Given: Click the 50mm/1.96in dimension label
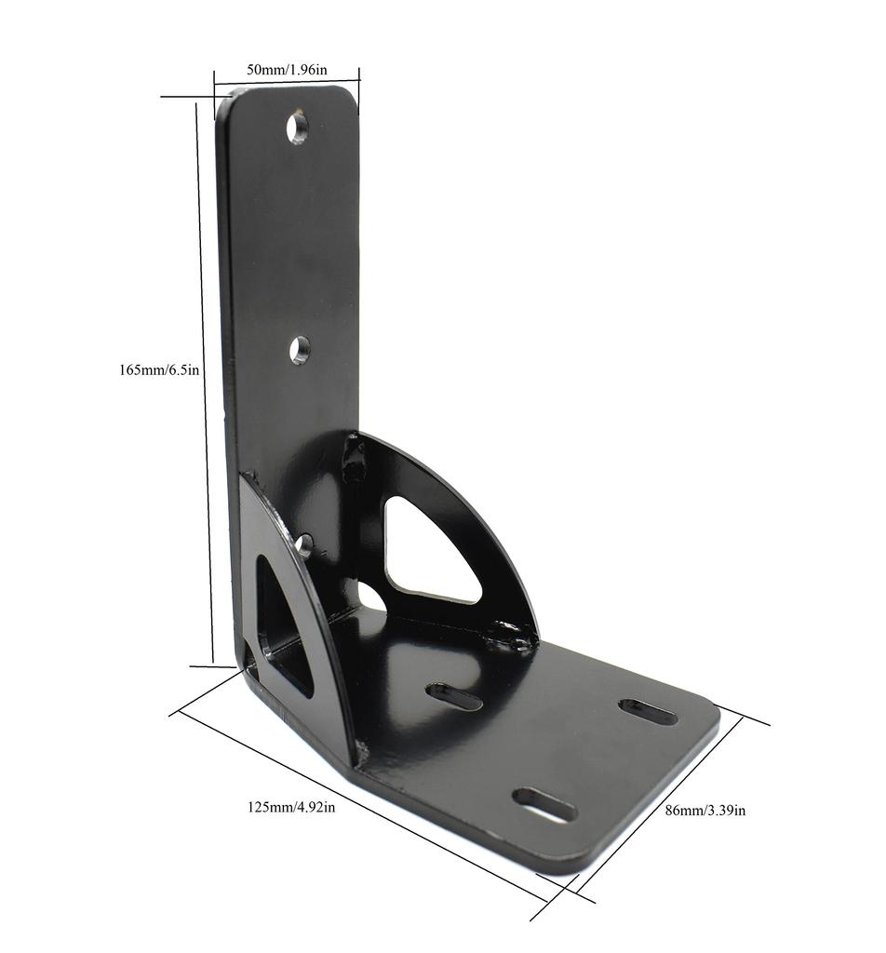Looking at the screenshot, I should pos(287,70).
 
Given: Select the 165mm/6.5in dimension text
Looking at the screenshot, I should pos(159,369).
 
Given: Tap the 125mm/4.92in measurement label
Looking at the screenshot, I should pos(291,807).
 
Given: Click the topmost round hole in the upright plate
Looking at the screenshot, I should pos(298,128).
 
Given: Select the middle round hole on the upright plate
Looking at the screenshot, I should pos(299,350).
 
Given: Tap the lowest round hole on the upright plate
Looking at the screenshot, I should pos(302,544).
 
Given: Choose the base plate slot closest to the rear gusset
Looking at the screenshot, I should pos(454,696).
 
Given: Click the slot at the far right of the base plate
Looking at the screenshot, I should pos(648,712).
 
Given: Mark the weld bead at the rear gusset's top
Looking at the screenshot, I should pos(353,456).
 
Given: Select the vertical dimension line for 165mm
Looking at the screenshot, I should pos(204,382).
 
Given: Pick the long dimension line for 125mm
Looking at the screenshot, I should pos(363,807).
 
